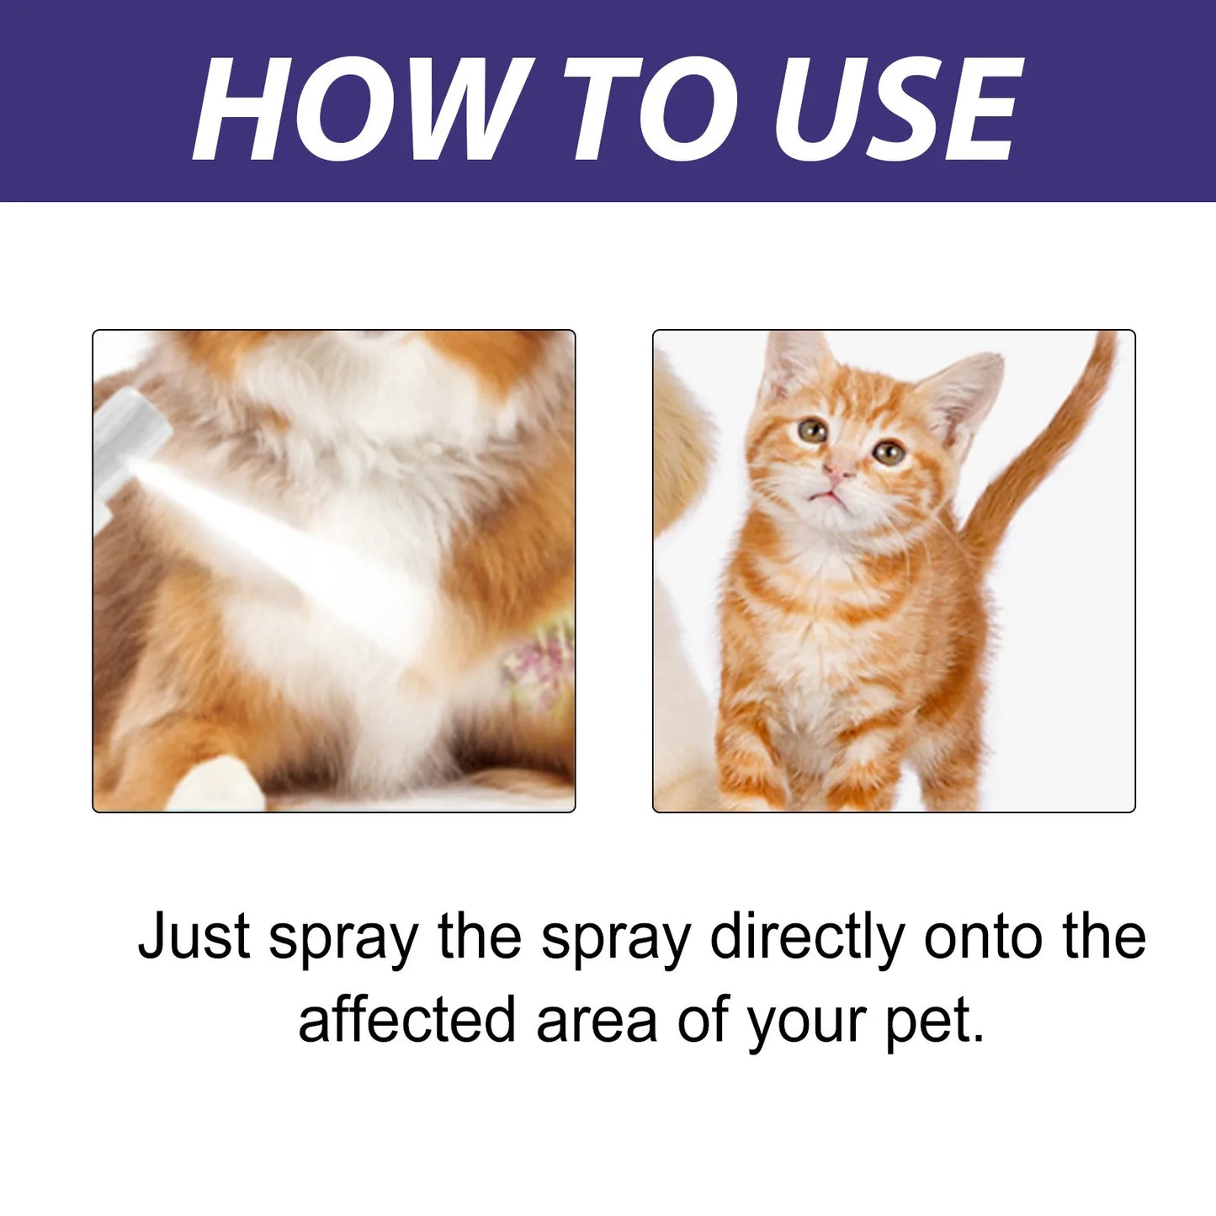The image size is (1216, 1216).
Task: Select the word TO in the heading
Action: pos(647,109)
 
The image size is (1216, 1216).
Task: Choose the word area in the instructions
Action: pos(597,1021)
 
